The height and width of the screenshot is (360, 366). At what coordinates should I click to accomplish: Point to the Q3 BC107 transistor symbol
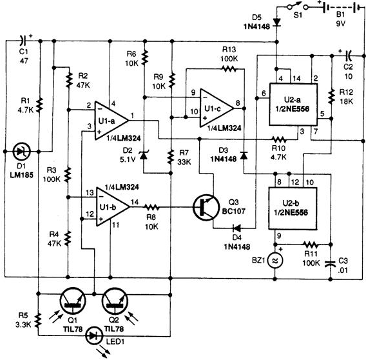point(206,207)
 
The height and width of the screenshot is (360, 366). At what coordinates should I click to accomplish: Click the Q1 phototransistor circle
point(73,301)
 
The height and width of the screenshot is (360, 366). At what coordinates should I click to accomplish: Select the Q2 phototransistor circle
point(115,301)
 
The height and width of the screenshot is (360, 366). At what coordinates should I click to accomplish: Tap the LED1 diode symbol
point(95,336)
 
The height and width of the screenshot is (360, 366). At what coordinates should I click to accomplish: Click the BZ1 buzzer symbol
point(275,261)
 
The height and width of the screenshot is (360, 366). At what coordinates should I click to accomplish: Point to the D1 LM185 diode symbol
point(22,152)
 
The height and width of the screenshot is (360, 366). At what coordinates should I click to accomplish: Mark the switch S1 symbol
point(298,6)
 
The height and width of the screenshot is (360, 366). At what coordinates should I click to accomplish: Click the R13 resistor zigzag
point(229,69)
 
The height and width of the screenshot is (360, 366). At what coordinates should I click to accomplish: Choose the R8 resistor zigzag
point(151,207)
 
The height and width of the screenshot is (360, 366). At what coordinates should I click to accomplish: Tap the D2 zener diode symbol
point(143,155)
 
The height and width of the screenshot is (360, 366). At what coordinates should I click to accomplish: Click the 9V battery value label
point(341,24)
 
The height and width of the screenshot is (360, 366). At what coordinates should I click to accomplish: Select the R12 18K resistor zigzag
point(331,96)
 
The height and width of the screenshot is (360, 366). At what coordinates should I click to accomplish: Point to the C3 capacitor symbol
point(331,263)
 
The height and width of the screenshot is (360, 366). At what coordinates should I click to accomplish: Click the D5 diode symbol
point(277,22)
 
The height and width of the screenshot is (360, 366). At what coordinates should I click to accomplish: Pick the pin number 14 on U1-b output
point(135,202)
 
